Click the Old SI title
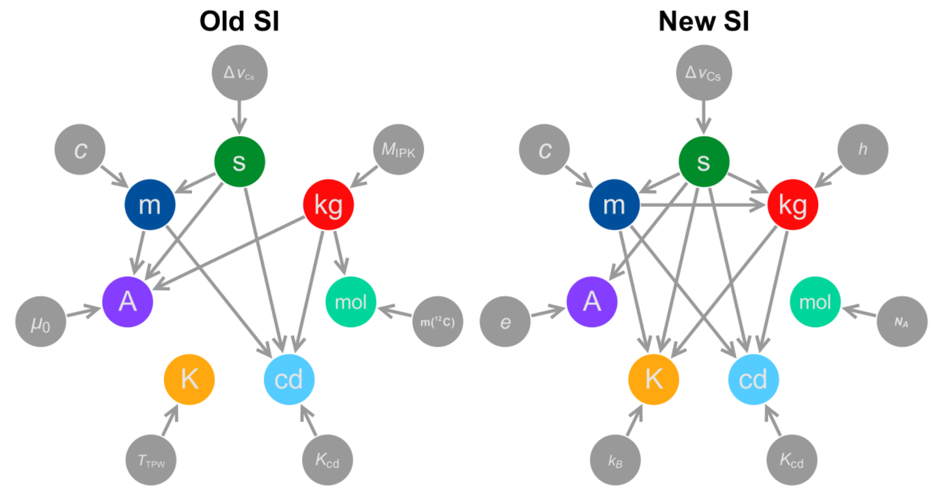[x=239, y=21]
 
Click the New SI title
[x=704, y=21]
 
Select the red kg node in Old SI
[x=328, y=205]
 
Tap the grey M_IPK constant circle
[x=398, y=150]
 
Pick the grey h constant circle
[x=863, y=150]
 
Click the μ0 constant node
[x=41, y=322]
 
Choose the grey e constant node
[x=505, y=322]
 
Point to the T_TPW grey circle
[x=151, y=460]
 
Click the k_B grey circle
[x=616, y=460]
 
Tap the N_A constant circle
[x=902, y=322]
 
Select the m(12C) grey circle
[x=438, y=322]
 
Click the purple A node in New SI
[x=592, y=302]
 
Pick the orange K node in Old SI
[x=189, y=379]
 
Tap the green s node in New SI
[x=704, y=162]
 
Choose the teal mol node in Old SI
[x=351, y=302]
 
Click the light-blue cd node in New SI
[x=754, y=379]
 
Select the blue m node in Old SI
[x=150, y=205]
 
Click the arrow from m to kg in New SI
[x=703, y=205]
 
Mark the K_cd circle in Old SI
[x=328, y=460]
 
